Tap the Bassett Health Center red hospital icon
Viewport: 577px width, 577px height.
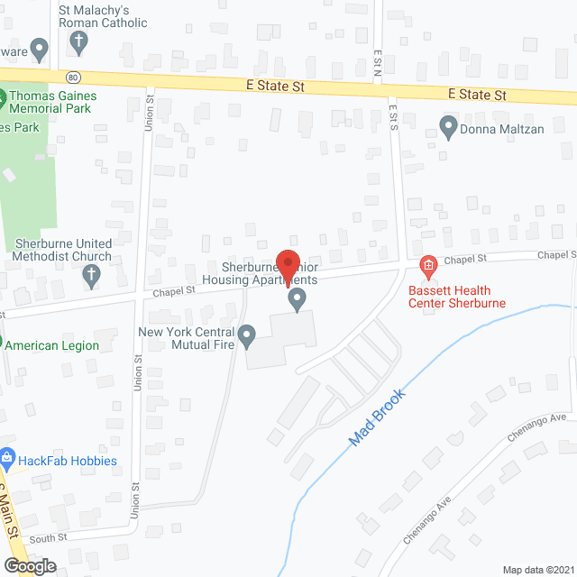click(428, 265)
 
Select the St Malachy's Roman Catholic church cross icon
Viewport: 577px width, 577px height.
click(78, 41)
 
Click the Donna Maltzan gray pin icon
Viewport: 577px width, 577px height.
click(447, 126)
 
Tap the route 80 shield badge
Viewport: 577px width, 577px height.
click(73, 75)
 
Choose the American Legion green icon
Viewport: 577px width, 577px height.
click(3, 344)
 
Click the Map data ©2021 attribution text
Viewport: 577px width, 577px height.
click(536, 569)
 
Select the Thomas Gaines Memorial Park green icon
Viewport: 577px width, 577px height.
click(3, 97)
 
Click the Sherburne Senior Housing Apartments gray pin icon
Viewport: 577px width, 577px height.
click(296, 298)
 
